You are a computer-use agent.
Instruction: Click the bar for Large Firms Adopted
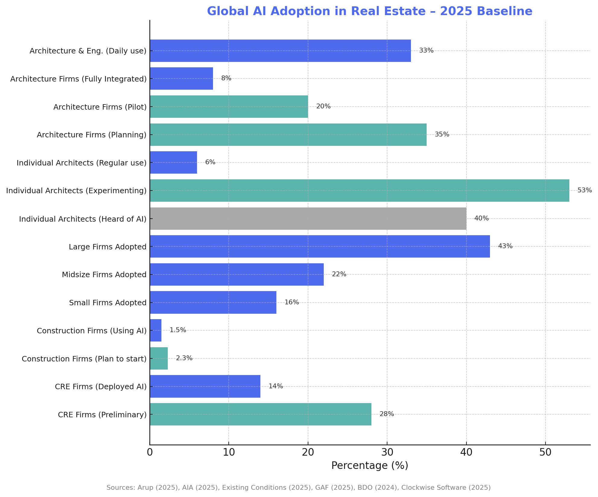pos(320,246)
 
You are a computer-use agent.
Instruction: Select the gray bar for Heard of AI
pos(308,219)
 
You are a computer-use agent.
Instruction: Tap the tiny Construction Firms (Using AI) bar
pos(156,330)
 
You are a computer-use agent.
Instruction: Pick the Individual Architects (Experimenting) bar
pos(359,191)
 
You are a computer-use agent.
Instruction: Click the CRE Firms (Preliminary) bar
pos(260,414)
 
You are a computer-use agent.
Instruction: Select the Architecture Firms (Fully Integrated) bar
pos(181,79)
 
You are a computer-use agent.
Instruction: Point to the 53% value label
pos(584,191)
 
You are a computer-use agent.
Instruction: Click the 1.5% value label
pos(178,330)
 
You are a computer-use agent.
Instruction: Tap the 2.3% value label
pos(184,358)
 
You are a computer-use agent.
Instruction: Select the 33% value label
pos(426,51)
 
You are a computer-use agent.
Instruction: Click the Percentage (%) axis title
pos(370,466)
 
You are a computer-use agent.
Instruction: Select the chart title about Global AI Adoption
pos(370,11)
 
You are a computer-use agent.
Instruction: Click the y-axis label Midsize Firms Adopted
pos(104,275)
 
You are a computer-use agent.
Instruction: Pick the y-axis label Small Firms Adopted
pos(108,303)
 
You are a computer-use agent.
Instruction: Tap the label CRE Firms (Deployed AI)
pos(100,387)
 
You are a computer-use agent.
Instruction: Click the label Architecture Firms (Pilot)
pos(100,107)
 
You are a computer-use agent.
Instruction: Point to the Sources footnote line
pos(298,488)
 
